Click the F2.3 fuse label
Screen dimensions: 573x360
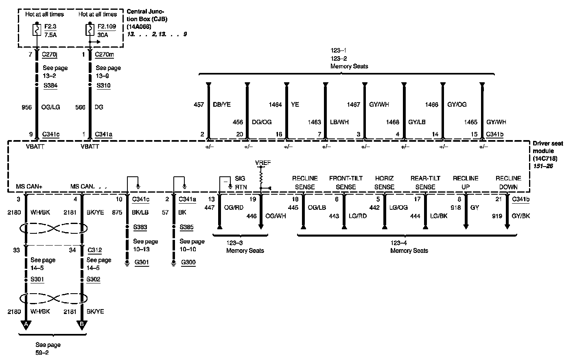(51, 27)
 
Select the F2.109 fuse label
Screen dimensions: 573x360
(107, 27)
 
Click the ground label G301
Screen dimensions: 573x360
(142, 262)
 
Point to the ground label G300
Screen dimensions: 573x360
(188, 262)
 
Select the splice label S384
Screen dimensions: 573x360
(51, 86)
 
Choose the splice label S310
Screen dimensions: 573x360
(103, 86)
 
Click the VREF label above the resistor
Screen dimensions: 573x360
(263, 163)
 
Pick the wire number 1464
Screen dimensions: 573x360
(275, 105)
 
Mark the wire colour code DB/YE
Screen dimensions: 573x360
(222, 105)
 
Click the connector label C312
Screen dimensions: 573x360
(94, 250)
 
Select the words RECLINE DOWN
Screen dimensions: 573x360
(508, 182)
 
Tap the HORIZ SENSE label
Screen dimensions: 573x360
(384, 182)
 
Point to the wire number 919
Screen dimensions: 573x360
(497, 216)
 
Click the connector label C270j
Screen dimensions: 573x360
(50, 54)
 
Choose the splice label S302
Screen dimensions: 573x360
(93, 279)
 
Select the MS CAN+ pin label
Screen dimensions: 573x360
(29, 187)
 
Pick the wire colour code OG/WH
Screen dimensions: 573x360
(276, 216)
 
